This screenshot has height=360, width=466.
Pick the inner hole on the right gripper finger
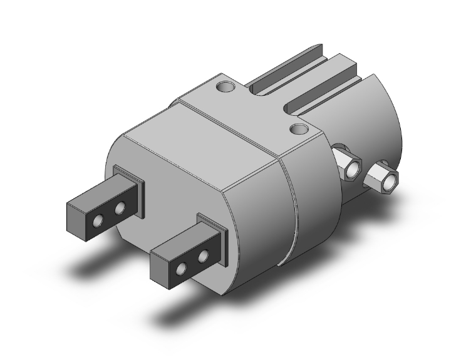point(202,256)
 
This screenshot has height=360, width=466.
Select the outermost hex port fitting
point(383,179)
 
